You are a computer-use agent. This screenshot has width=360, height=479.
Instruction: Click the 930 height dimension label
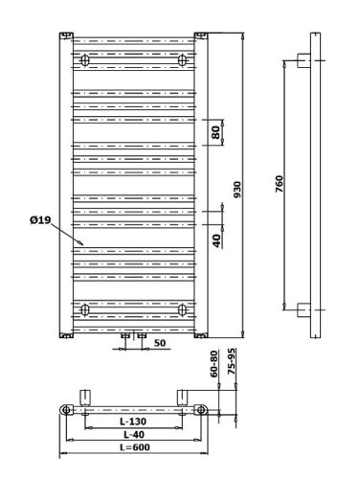(x=237, y=190)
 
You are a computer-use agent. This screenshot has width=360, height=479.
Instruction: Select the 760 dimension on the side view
(x=280, y=184)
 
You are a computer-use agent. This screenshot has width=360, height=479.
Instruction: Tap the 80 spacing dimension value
(x=216, y=132)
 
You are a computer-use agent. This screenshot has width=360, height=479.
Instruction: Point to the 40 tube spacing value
(x=216, y=240)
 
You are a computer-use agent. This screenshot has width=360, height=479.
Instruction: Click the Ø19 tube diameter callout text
(x=40, y=220)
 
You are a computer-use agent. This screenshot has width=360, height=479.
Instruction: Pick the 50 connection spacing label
(x=160, y=343)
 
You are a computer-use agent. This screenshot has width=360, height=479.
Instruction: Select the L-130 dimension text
(x=133, y=422)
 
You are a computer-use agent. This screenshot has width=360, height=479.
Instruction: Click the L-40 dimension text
(x=134, y=434)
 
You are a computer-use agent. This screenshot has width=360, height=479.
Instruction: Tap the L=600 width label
(x=135, y=447)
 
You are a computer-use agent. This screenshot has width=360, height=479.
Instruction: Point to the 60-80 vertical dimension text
(x=214, y=364)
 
